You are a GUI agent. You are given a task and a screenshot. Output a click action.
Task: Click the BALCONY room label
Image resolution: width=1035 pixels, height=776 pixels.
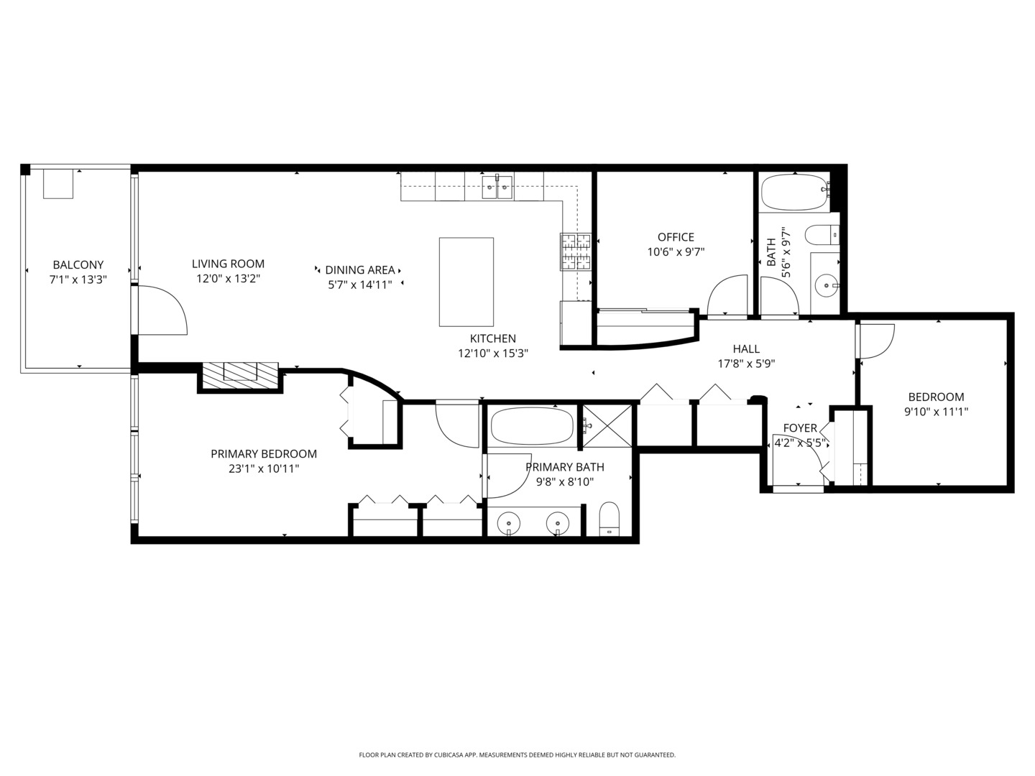78,264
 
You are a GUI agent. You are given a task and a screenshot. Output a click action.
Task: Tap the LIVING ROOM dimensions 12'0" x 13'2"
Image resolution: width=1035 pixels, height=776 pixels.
228,279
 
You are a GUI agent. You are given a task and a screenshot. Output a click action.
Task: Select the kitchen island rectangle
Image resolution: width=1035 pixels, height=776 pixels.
466,282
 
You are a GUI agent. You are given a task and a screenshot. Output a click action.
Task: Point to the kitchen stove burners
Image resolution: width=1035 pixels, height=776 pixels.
575,251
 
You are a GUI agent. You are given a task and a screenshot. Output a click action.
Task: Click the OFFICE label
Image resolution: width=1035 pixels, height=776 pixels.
676,237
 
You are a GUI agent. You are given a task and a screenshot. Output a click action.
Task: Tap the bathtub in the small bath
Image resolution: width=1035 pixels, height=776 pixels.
793,193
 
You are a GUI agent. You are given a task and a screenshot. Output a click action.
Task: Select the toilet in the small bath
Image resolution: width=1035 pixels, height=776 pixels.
822,234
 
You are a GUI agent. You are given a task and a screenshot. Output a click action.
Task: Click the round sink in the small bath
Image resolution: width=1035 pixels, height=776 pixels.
827,285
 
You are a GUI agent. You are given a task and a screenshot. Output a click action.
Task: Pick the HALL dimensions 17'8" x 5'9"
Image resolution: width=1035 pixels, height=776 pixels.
746,364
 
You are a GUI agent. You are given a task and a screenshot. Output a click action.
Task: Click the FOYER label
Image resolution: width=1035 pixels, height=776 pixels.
799,428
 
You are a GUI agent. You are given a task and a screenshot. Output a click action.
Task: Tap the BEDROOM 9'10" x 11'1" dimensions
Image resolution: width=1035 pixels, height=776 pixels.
936,412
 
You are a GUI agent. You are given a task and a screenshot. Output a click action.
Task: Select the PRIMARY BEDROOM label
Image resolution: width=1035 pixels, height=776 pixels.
264,454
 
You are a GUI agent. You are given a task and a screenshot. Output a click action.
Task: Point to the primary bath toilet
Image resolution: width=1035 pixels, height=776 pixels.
609,519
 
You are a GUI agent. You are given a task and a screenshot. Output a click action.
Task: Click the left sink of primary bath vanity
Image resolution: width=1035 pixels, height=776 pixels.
509,522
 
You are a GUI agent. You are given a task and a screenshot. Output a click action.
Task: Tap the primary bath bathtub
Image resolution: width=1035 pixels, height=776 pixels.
532,427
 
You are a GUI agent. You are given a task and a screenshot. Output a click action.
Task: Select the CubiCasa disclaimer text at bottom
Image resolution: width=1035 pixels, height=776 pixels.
517,755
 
